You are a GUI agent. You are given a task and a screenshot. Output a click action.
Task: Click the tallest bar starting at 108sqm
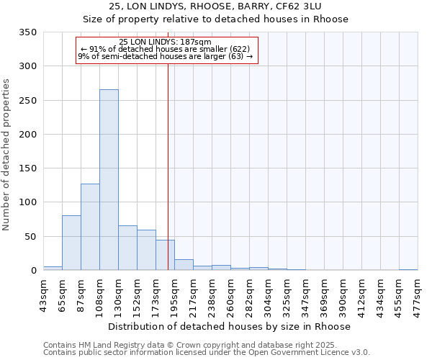tap(109, 180)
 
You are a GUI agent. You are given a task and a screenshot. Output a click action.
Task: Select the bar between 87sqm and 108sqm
tap(90, 227)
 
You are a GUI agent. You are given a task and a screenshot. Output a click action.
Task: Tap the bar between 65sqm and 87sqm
tap(71, 243)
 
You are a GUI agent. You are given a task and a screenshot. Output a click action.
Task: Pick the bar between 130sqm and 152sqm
tap(127, 248)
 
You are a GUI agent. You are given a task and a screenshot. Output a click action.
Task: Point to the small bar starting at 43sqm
tap(53, 268)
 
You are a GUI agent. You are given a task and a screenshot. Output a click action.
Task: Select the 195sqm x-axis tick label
tap(174, 294)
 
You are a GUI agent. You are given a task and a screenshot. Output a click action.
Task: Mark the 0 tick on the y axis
tap(33, 271)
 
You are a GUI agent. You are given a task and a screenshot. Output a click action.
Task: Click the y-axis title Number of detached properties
tap(7, 155)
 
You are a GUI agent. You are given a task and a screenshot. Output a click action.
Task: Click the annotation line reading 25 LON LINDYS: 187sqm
tap(166, 42)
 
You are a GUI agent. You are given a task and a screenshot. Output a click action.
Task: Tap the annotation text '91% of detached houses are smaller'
tap(166, 49)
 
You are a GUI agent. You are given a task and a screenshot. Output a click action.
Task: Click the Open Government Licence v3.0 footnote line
tap(206, 353)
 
